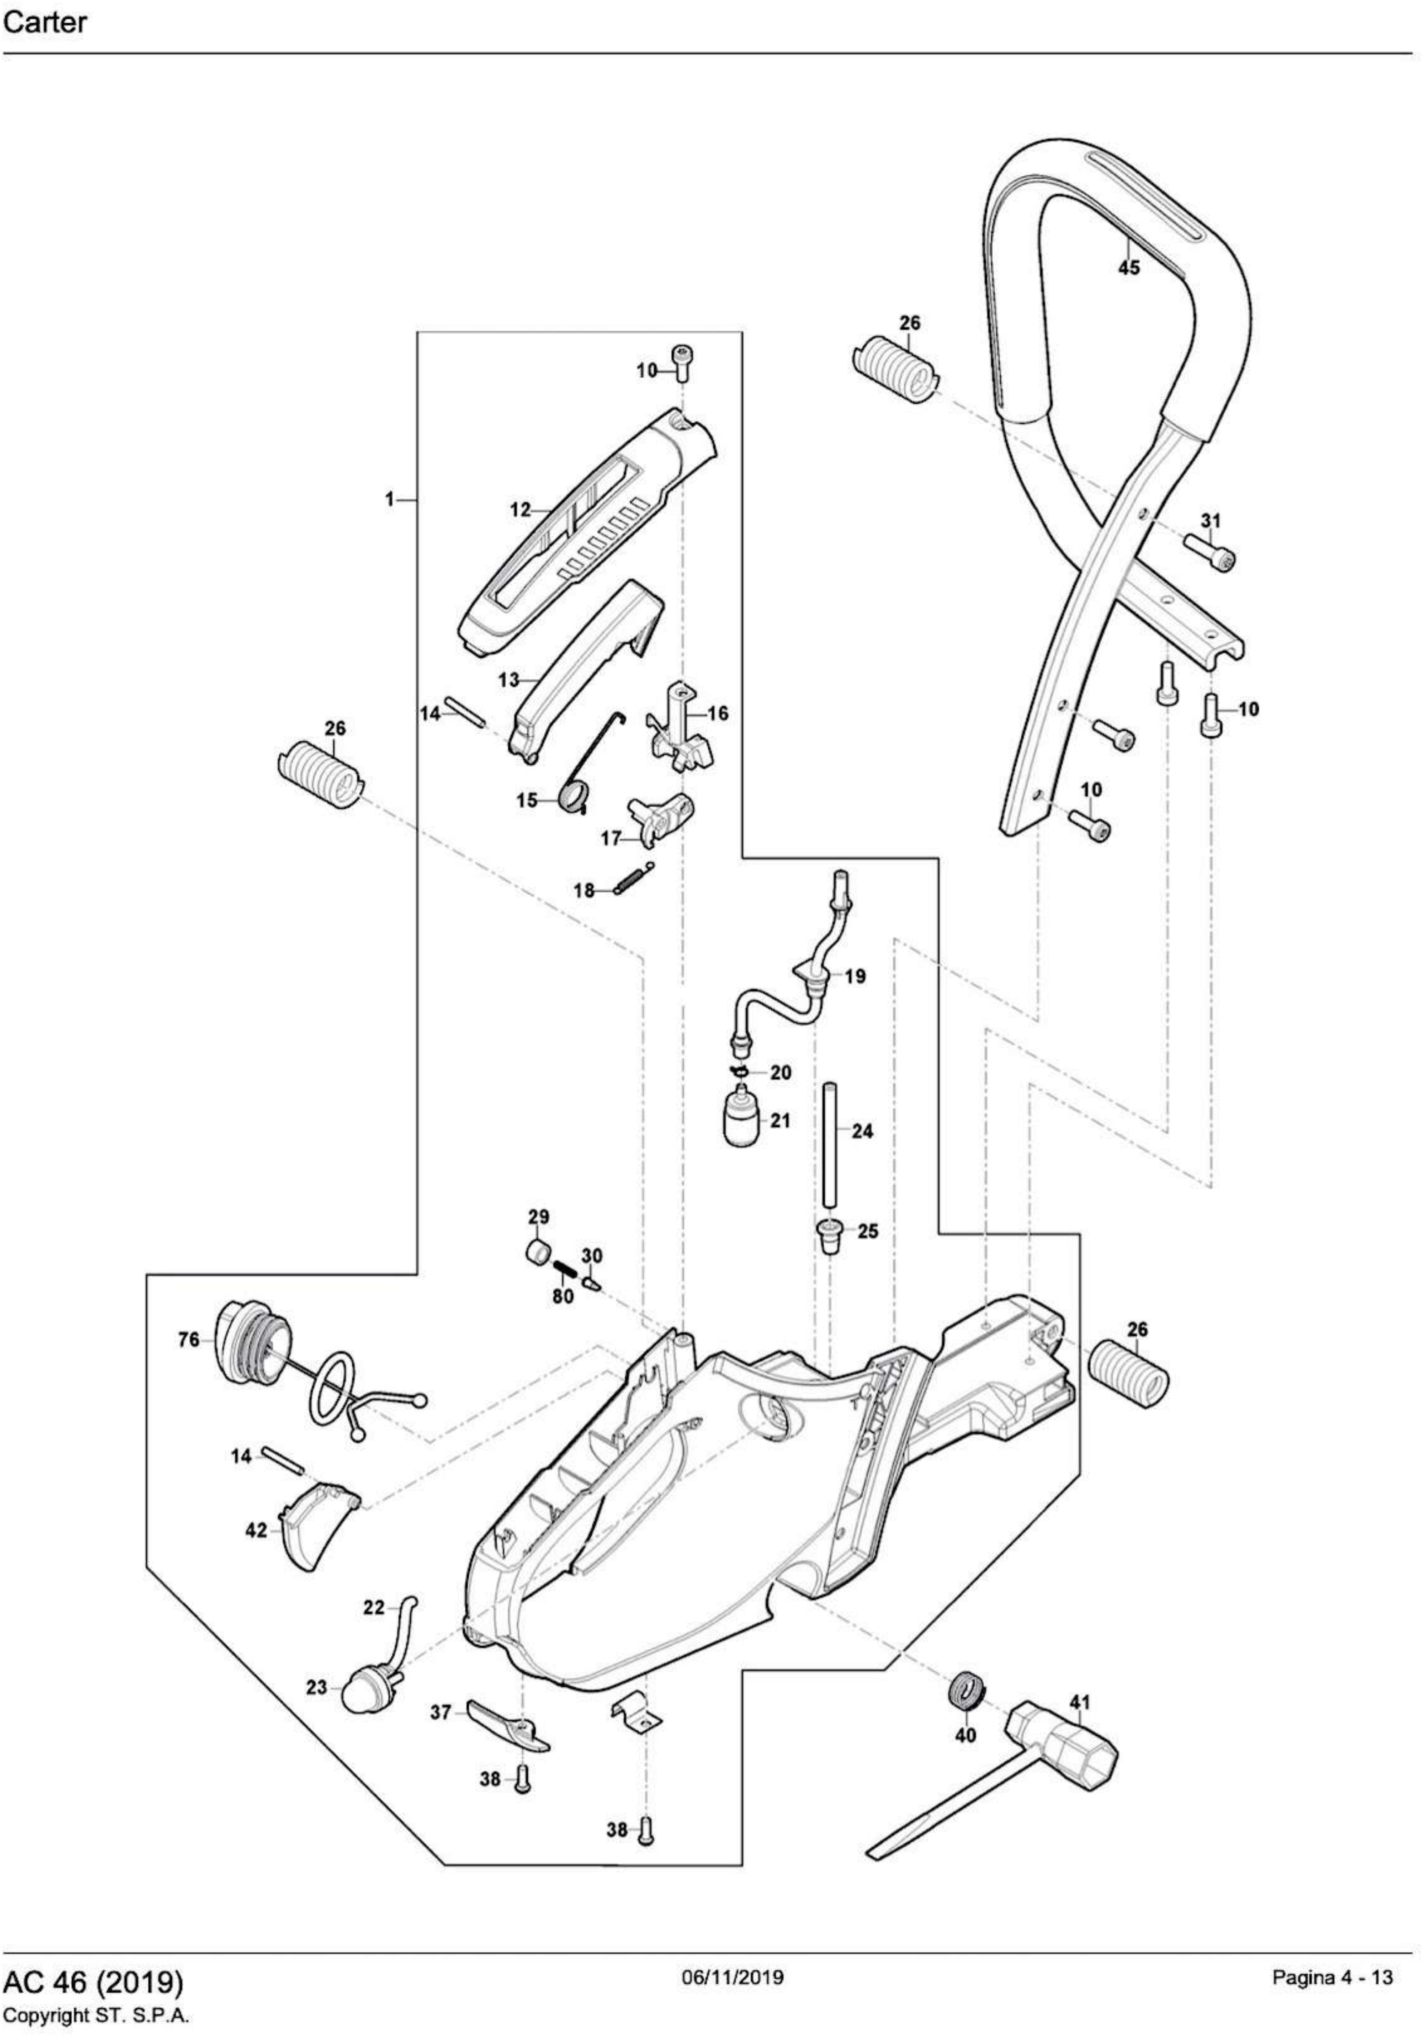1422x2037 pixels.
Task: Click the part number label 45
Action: tap(1128, 267)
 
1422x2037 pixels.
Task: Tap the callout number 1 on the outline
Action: tap(389, 501)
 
